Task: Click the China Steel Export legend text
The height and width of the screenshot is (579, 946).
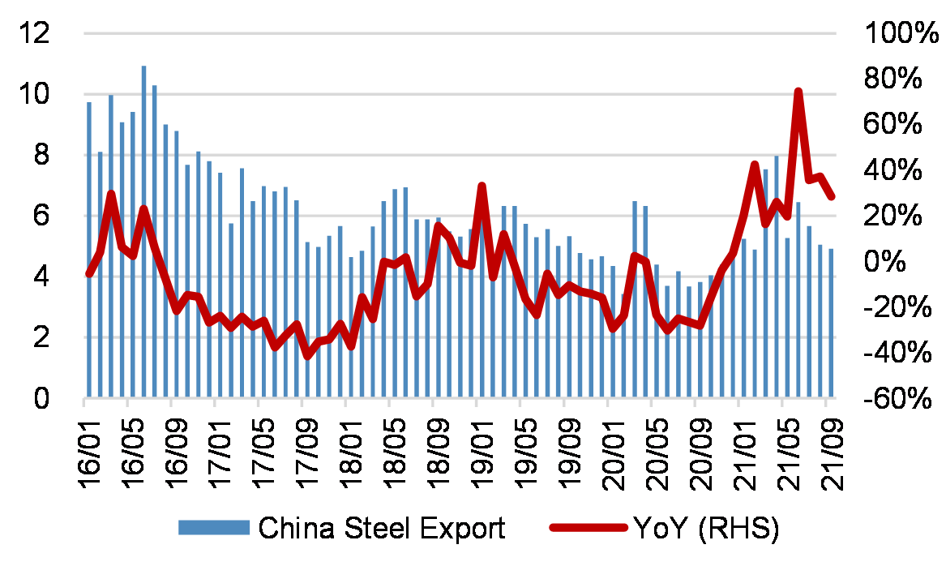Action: [382, 528]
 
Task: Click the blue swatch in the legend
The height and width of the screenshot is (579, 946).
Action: [213, 529]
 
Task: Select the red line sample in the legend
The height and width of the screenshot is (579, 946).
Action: [589, 529]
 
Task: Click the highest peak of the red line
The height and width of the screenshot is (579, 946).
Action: [798, 92]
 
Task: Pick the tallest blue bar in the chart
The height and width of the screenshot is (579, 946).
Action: [143, 232]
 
